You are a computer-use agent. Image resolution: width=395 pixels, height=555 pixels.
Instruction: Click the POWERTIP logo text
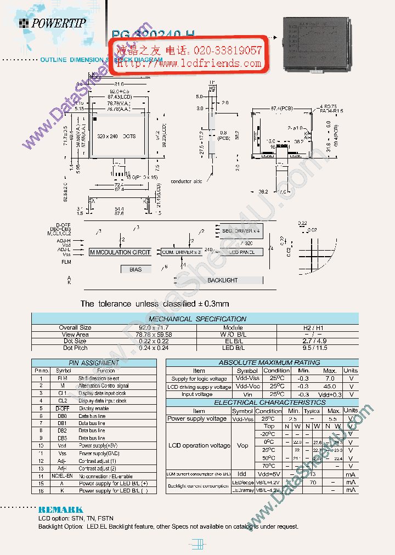[58, 22]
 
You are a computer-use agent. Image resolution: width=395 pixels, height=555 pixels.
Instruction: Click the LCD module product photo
[315, 44]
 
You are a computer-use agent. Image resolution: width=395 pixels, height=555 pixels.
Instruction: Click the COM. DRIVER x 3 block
[181, 252]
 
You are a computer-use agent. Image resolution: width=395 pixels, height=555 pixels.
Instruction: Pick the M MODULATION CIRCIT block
[120, 252]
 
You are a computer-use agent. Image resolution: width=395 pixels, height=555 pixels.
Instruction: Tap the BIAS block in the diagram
[136, 269]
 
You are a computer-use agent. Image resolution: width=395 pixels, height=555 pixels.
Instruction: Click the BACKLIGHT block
[222, 280]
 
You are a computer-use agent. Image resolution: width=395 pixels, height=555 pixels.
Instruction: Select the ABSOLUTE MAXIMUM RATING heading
[262, 363]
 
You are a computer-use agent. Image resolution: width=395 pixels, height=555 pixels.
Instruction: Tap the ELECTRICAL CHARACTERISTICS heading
[262, 403]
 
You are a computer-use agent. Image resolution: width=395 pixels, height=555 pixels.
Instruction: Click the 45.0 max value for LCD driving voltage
[330, 387]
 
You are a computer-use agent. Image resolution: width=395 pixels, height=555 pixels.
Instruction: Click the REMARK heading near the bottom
[60, 509]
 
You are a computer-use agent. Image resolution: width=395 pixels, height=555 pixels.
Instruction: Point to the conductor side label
[186, 181]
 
